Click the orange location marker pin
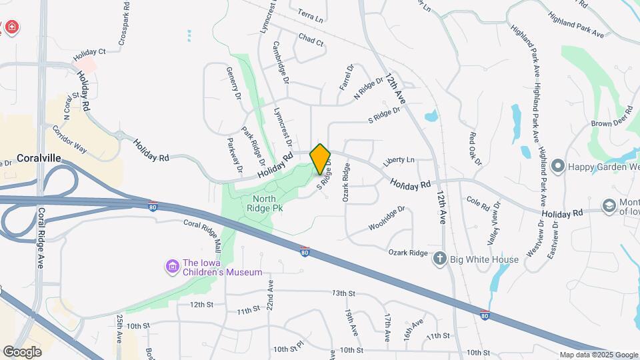coord(320,159)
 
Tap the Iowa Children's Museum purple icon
coord(172,267)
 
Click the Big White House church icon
coord(440,259)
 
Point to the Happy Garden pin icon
coord(558,165)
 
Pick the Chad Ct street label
coord(311,41)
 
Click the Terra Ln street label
coord(310,15)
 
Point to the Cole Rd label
coord(478,200)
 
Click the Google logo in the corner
coord(22,351)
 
